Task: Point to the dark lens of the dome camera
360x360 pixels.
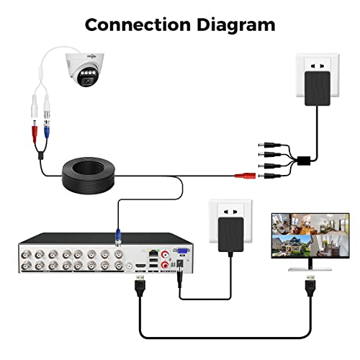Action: [86, 80]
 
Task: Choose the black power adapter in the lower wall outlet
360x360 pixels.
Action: [232, 238]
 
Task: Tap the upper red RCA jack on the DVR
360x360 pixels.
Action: [165, 253]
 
